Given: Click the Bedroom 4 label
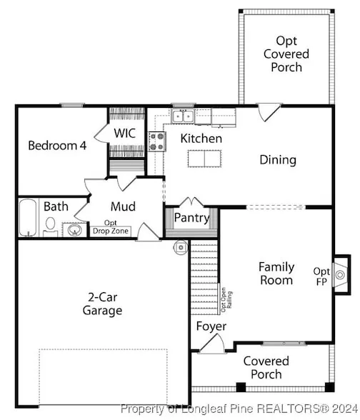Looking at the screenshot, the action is [x=57, y=146].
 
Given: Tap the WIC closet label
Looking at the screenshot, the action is [x=124, y=133].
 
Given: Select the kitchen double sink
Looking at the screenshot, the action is [x=183, y=116].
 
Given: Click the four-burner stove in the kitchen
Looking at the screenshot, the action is [x=157, y=141].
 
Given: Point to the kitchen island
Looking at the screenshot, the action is [x=204, y=159].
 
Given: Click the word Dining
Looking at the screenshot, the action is [x=278, y=160].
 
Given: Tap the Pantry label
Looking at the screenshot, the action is [x=191, y=218].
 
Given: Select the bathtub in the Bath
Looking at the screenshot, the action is [x=28, y=217].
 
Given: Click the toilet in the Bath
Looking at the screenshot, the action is [x=50, y=226].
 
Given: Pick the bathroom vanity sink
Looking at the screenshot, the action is [x=74, y=230].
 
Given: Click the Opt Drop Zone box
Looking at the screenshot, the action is [x=110, y=231].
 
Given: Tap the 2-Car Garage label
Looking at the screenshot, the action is [x=102, y=304].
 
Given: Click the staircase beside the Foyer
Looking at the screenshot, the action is [x=204, y=277].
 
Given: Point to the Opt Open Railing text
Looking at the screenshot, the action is [x=226, y=300].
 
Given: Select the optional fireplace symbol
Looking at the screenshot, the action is [x=340, y=275].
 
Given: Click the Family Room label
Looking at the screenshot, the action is [x=276, y=274].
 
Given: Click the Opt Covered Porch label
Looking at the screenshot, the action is [x=286, y=54].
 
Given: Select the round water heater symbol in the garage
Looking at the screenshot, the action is [x=181, y=247].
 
